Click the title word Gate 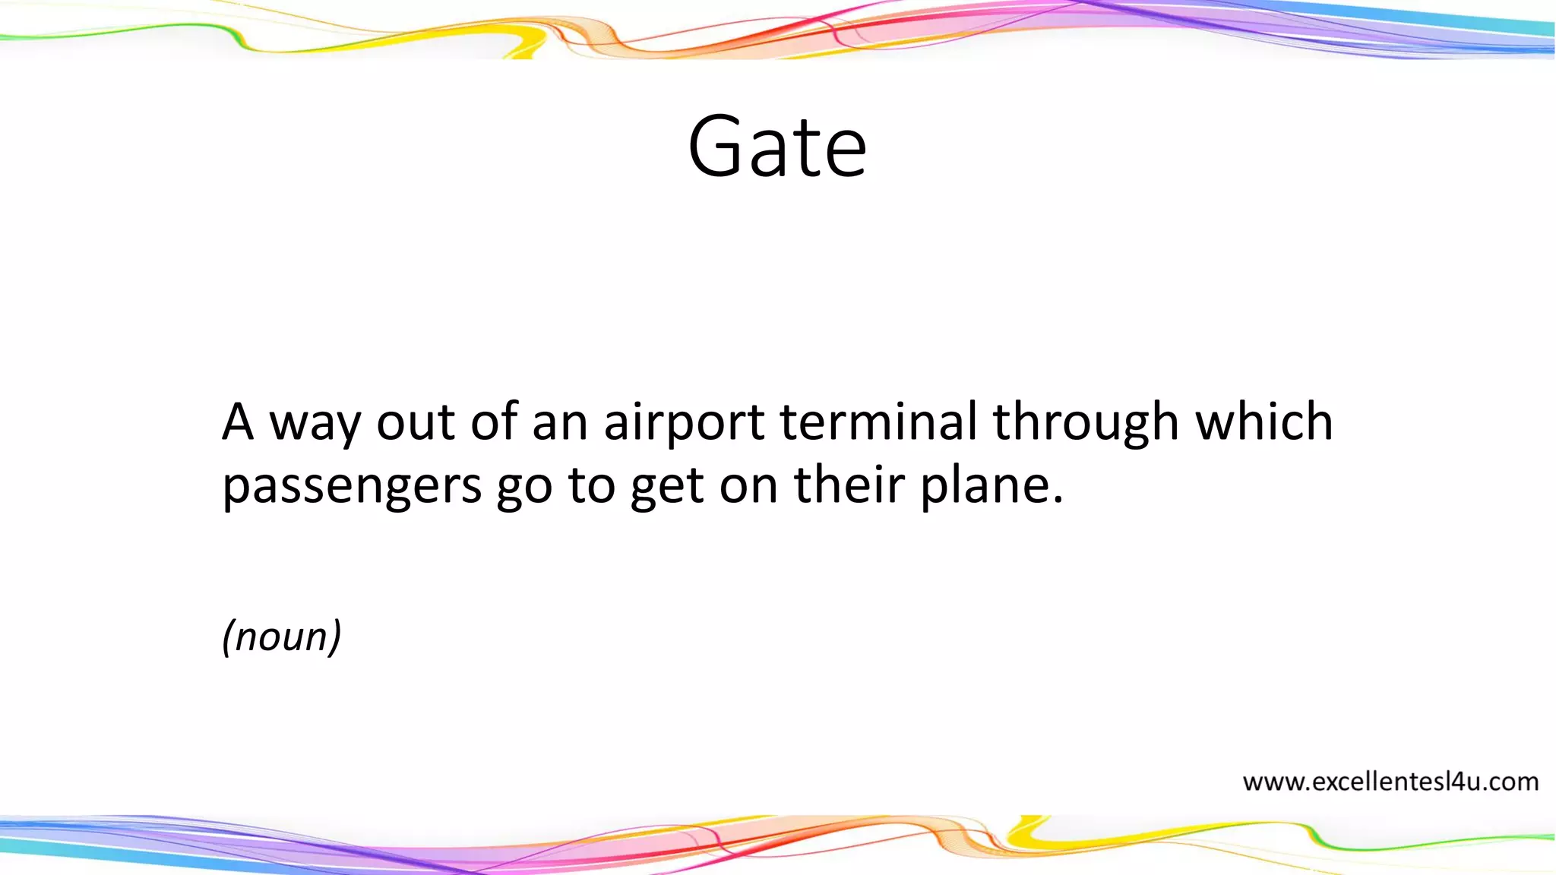pos(776,146)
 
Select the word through pos(1086,422)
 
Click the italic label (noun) pos(282,637)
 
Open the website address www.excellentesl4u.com pos(1390,782)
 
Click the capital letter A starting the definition pos(238,422)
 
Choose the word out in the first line pos(416,422)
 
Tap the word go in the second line pos(524,488)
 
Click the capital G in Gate pos(717,146)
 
